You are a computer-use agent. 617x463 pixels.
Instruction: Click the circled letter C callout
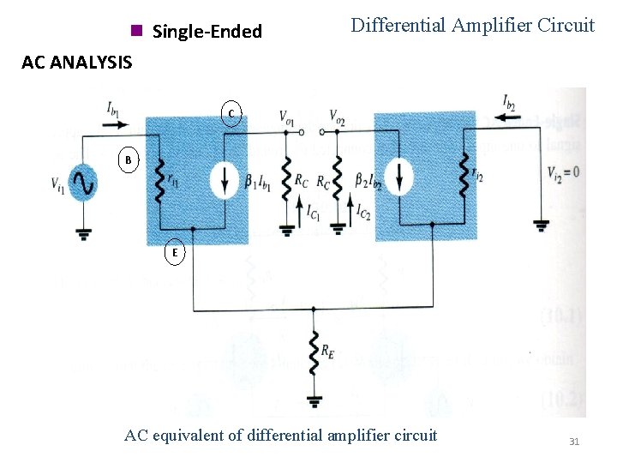[x=231, y=113]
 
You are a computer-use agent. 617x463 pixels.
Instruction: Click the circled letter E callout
[x=175, y=253]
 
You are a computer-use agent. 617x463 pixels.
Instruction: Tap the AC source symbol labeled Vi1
[x=83, y=183]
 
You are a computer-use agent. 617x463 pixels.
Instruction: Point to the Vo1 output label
[x=287, y=117]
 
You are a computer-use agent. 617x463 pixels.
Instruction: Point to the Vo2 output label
[x=338, y=117]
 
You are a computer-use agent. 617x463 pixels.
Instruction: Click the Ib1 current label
[x=114, y=108]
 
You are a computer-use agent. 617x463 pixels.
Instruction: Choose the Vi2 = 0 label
[x=563, y=172]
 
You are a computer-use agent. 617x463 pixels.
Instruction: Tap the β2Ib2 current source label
[x=368, y=181]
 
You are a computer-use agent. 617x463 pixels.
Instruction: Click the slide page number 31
[x=574, y=442]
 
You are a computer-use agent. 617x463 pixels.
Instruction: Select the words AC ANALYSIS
[x=77, y=62]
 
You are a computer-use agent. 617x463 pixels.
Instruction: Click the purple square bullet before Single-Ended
[x=135, y=32]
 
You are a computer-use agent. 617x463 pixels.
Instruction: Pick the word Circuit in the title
[x=566, y=26]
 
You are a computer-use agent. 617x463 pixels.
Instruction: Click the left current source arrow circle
[x=225, y=177]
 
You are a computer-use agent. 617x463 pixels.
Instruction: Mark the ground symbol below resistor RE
[x=314, y=400]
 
